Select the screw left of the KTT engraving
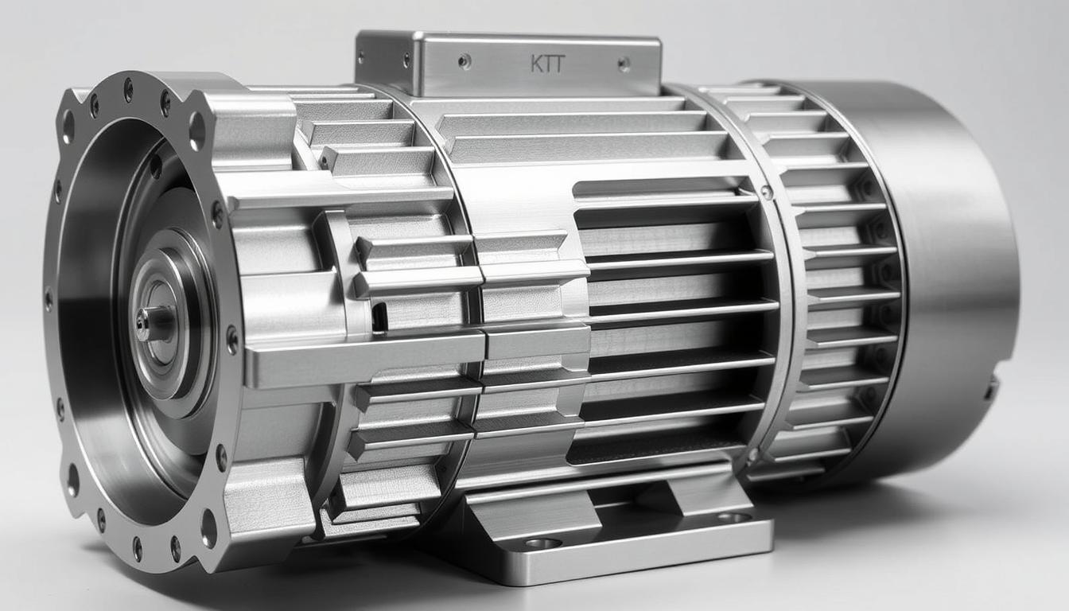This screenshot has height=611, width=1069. click(465, 60)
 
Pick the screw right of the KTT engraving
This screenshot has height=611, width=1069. click(624, 64)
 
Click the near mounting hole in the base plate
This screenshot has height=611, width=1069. click(543, 543)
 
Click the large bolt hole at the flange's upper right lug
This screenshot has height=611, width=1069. click(196, 130)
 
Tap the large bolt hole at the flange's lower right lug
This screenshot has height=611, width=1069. click(208, 527)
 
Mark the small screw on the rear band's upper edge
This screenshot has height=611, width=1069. click(765, 192)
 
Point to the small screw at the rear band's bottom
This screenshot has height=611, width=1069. click(752, 455)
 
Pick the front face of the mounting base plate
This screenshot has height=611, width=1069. click(620, 561)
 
